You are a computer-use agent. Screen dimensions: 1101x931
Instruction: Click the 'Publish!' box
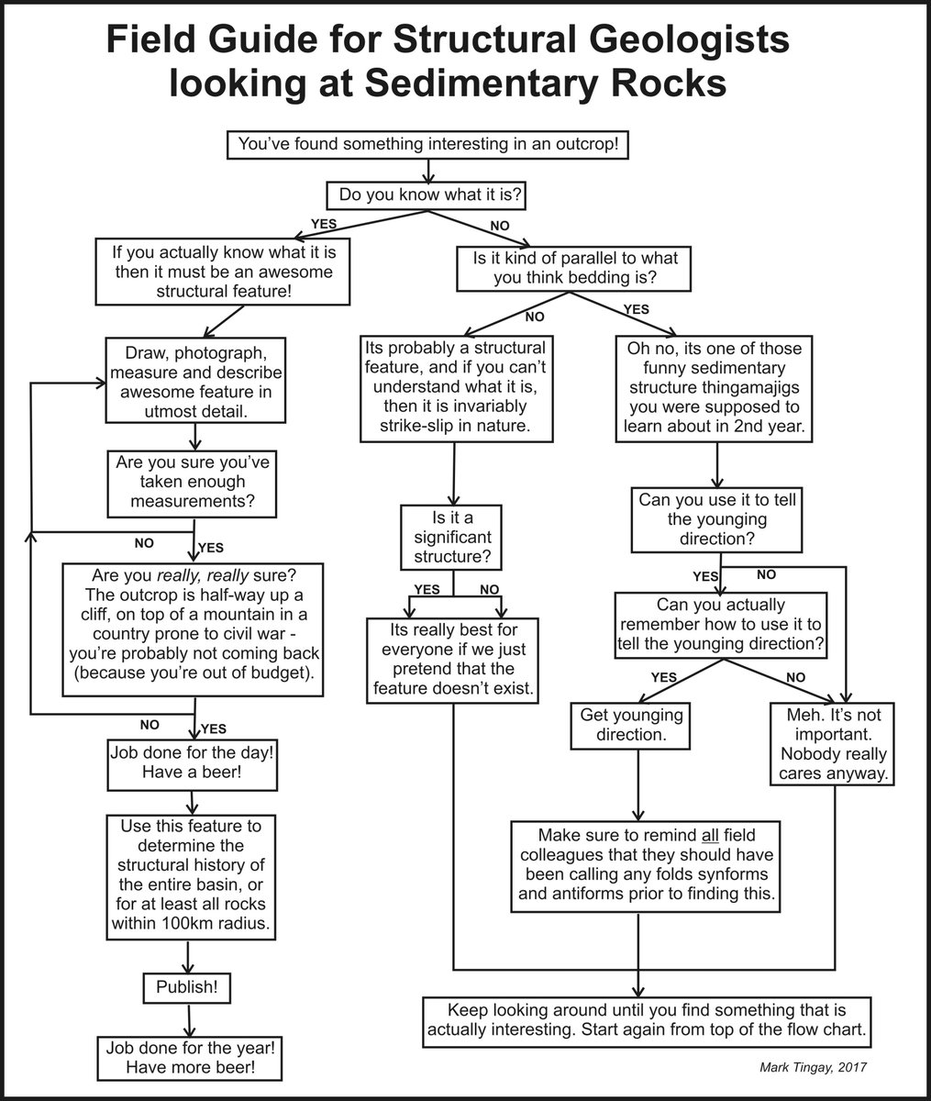click(187, 988)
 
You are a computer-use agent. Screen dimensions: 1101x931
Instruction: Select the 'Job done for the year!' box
click(190, 1057)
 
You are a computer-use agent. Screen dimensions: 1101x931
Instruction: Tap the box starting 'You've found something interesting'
click(428, 145)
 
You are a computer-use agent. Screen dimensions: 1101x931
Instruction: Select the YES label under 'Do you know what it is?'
click(324, 223)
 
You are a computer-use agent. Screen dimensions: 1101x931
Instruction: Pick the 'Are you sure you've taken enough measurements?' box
click(192, 482)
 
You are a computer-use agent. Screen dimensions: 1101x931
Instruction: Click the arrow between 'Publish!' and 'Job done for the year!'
click(188, 1019)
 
